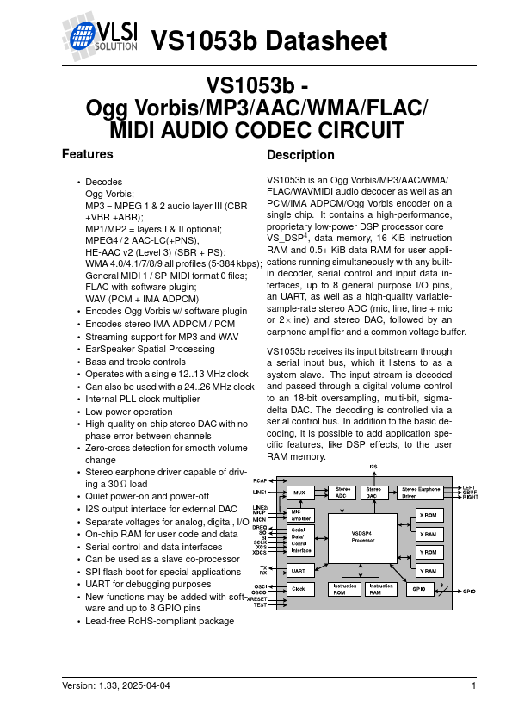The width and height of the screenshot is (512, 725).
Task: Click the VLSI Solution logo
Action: pyautogui.click(x=100, y=37)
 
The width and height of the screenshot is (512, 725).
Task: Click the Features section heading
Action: pyautogui.click(x=88, y=154)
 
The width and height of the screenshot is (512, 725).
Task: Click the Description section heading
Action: pyautogui.click(x=300, y=155)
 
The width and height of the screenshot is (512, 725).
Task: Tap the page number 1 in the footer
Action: pyautogui.click(x=474, y=685)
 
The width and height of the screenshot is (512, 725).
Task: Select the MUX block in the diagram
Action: pyautogui.click(x=299, y=493)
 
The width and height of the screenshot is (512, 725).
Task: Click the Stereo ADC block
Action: pyautogui.click(x=342, y=493)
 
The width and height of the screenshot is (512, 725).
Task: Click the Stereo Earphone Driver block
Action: pyautogui.click(x=421, y=493)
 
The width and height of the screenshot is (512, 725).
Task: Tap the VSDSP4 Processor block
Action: pyautogui.click(x=362, y=537)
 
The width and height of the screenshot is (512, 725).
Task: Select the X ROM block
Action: pyautogui.click(x=428, y=515)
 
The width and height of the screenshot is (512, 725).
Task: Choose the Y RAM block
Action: pyautogui.click(x=428, y=570)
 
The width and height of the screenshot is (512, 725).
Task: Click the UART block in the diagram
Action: pyautogui.click(x=299, y=570)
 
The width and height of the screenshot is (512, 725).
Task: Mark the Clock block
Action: pyautogui.click(x=299, y=589)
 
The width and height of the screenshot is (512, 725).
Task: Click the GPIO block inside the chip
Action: pyautogui.click(x=418, y=589)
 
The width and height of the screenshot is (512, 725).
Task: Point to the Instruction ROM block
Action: pyautogui.click(x=345, y=590)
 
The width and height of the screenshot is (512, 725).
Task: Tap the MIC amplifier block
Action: pyautogui.click(x=300, y=516)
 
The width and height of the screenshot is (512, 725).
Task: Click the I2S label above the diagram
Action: pyautogui.click(x=373, y=467)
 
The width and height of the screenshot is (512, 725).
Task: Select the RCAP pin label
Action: pyautogui.click(x=260, y=480)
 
